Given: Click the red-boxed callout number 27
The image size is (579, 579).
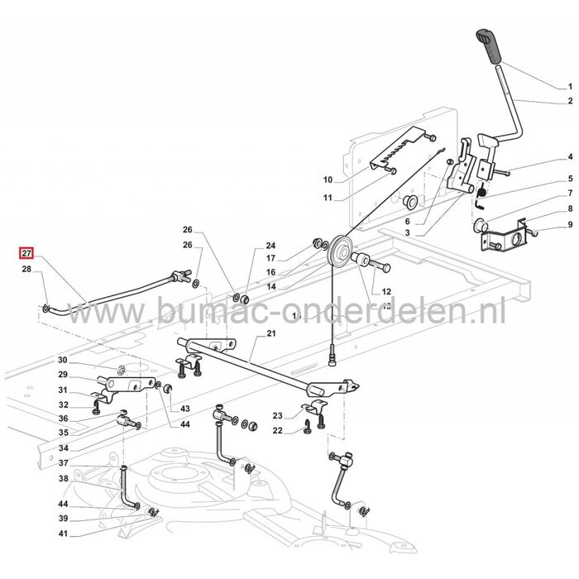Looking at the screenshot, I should (x=27, y=254).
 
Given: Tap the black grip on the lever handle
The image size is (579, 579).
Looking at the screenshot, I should (x=488, y=44).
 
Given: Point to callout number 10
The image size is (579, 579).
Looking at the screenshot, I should (x=304, y=179).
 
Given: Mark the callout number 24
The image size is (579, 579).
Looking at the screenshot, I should (x=270, y=246).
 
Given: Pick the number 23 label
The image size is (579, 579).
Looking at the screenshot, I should (x=278, y=415).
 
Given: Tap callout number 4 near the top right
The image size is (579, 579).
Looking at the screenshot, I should (x=569, y=157).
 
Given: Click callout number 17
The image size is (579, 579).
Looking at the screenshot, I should (x=270, y=258).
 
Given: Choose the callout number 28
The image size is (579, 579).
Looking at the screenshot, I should (x=27, y=270).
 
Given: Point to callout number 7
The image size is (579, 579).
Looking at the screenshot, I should (x=569, y=193).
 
